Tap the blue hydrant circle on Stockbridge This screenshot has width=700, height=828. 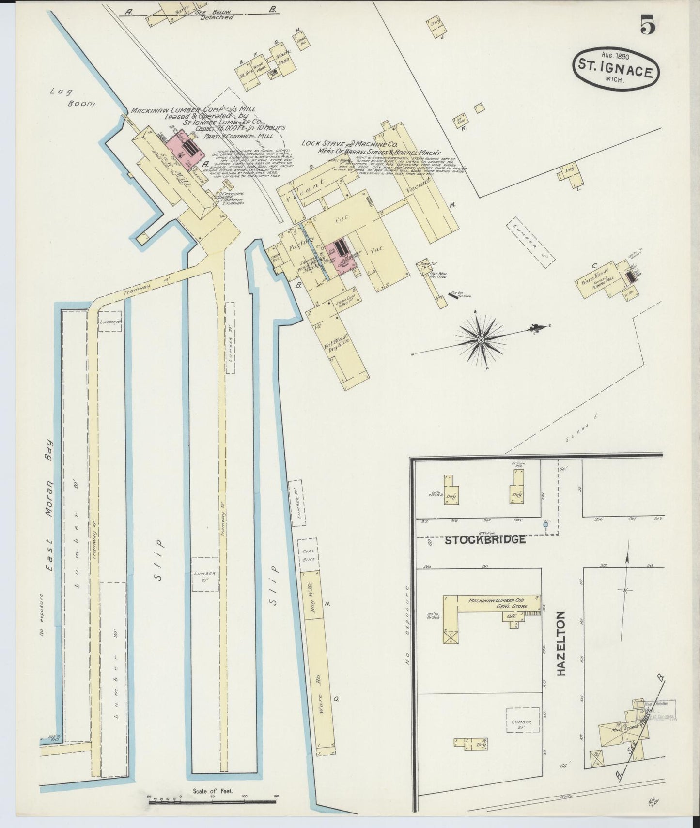[x=546, y=524]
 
